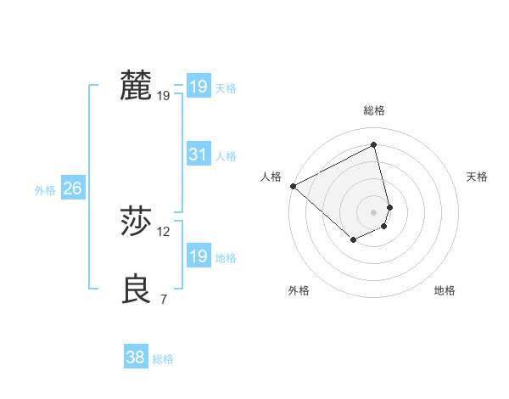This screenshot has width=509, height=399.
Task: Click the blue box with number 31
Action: tap(198, 155)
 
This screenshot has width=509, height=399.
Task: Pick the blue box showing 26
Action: tap(72, 188)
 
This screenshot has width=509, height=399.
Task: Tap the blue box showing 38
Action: tap(135, 357)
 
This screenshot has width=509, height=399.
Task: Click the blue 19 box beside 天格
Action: tap(198, 87)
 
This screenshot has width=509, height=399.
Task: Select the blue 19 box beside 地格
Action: tap(198, 256)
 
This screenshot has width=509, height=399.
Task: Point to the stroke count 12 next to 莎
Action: tap(164, 231)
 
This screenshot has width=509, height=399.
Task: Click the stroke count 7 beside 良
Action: tap(163, 299)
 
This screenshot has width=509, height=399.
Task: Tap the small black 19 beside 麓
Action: tap(164, 96)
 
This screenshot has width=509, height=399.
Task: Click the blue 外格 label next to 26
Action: tap(45, 190)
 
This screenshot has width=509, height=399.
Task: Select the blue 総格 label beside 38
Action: tap(163, 359)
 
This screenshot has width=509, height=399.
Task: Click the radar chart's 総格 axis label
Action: tap(374, 110)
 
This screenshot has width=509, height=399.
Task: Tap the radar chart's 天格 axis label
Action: tap(478, 177)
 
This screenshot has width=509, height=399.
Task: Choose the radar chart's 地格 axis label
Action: tap(445, 290)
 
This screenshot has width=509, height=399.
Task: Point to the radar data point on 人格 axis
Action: tap(293, 186)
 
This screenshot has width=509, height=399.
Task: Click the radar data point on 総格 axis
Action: tap(374, 144)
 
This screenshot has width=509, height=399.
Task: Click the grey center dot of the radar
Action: tap(374, 211)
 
